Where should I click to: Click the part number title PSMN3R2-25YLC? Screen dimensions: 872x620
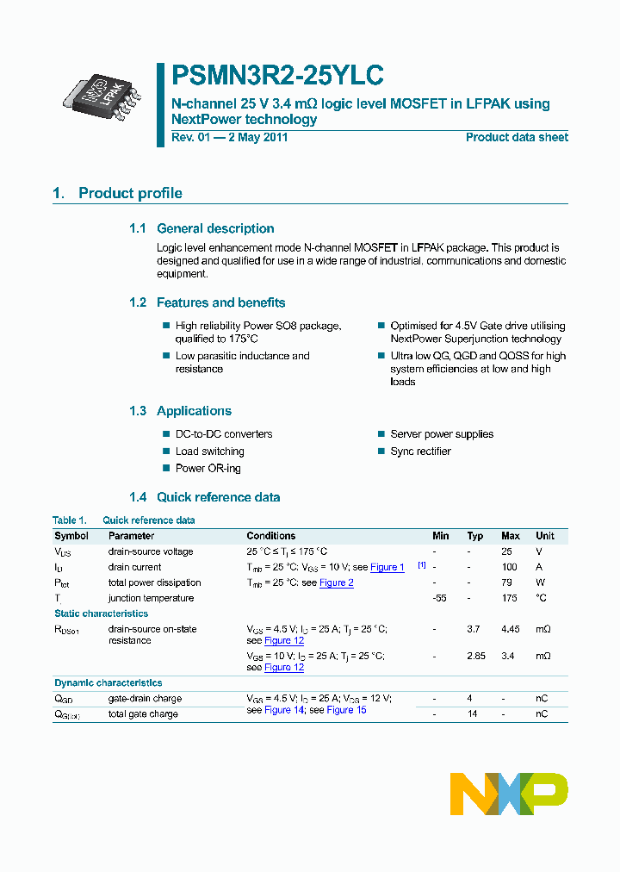[277, 76]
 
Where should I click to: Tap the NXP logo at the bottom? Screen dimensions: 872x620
[509, 794]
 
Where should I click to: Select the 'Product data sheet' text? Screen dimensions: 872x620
[517, 138]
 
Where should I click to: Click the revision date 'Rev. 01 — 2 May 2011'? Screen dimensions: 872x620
[230, 138]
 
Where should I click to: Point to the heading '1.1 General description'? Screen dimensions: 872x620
[201, 228]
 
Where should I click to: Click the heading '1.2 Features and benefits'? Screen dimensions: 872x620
[207, 302]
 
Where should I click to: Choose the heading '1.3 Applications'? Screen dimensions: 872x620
[180, 411]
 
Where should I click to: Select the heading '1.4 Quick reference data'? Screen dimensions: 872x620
[204, 497]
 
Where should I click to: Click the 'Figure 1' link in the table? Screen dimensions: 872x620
[387, 567]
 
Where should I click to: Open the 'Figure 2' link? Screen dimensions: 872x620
[337, 582]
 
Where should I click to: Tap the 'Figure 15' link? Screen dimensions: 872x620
[346, 710]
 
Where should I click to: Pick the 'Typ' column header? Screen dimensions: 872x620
[475, 536]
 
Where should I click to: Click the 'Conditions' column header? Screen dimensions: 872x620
[270, 536]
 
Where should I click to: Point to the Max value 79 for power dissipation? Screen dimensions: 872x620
[507, 582]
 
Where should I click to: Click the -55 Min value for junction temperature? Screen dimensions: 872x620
[440, 598]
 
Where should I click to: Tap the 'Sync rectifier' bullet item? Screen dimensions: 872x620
[420, 452]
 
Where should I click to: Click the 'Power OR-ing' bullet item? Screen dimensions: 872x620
[208, 469]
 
